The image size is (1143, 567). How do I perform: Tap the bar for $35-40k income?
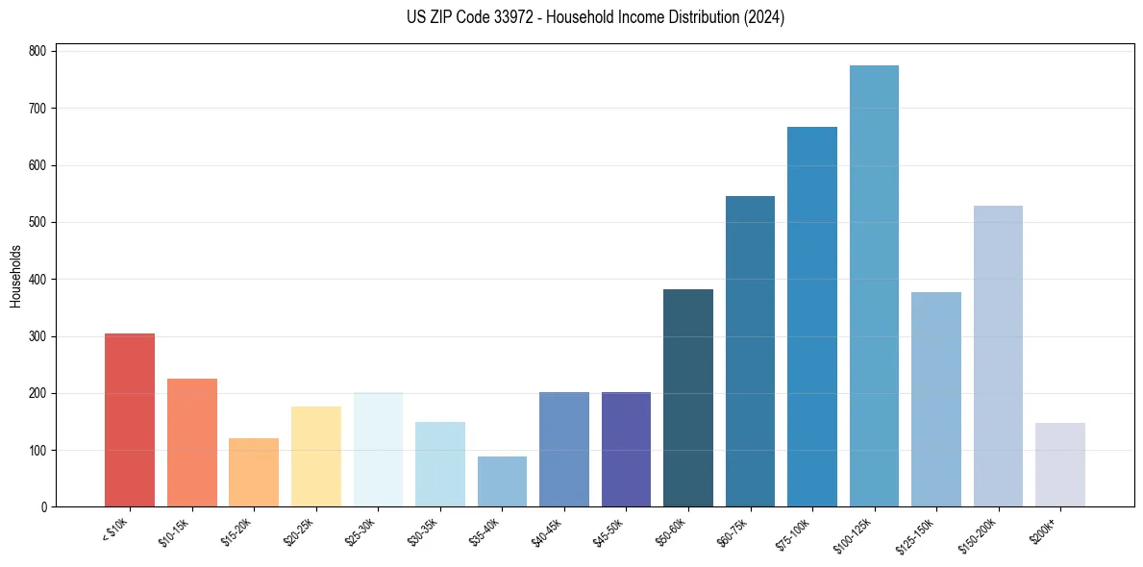point(502,481)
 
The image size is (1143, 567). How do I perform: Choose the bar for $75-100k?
point(812,317)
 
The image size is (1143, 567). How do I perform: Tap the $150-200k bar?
point(998,357)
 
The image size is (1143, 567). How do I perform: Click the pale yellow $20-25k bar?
point(315,456)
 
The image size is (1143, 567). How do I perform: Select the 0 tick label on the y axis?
point(44,507)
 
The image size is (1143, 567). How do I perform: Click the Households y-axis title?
point(15,276)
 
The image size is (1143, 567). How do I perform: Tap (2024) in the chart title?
point(765,17)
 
